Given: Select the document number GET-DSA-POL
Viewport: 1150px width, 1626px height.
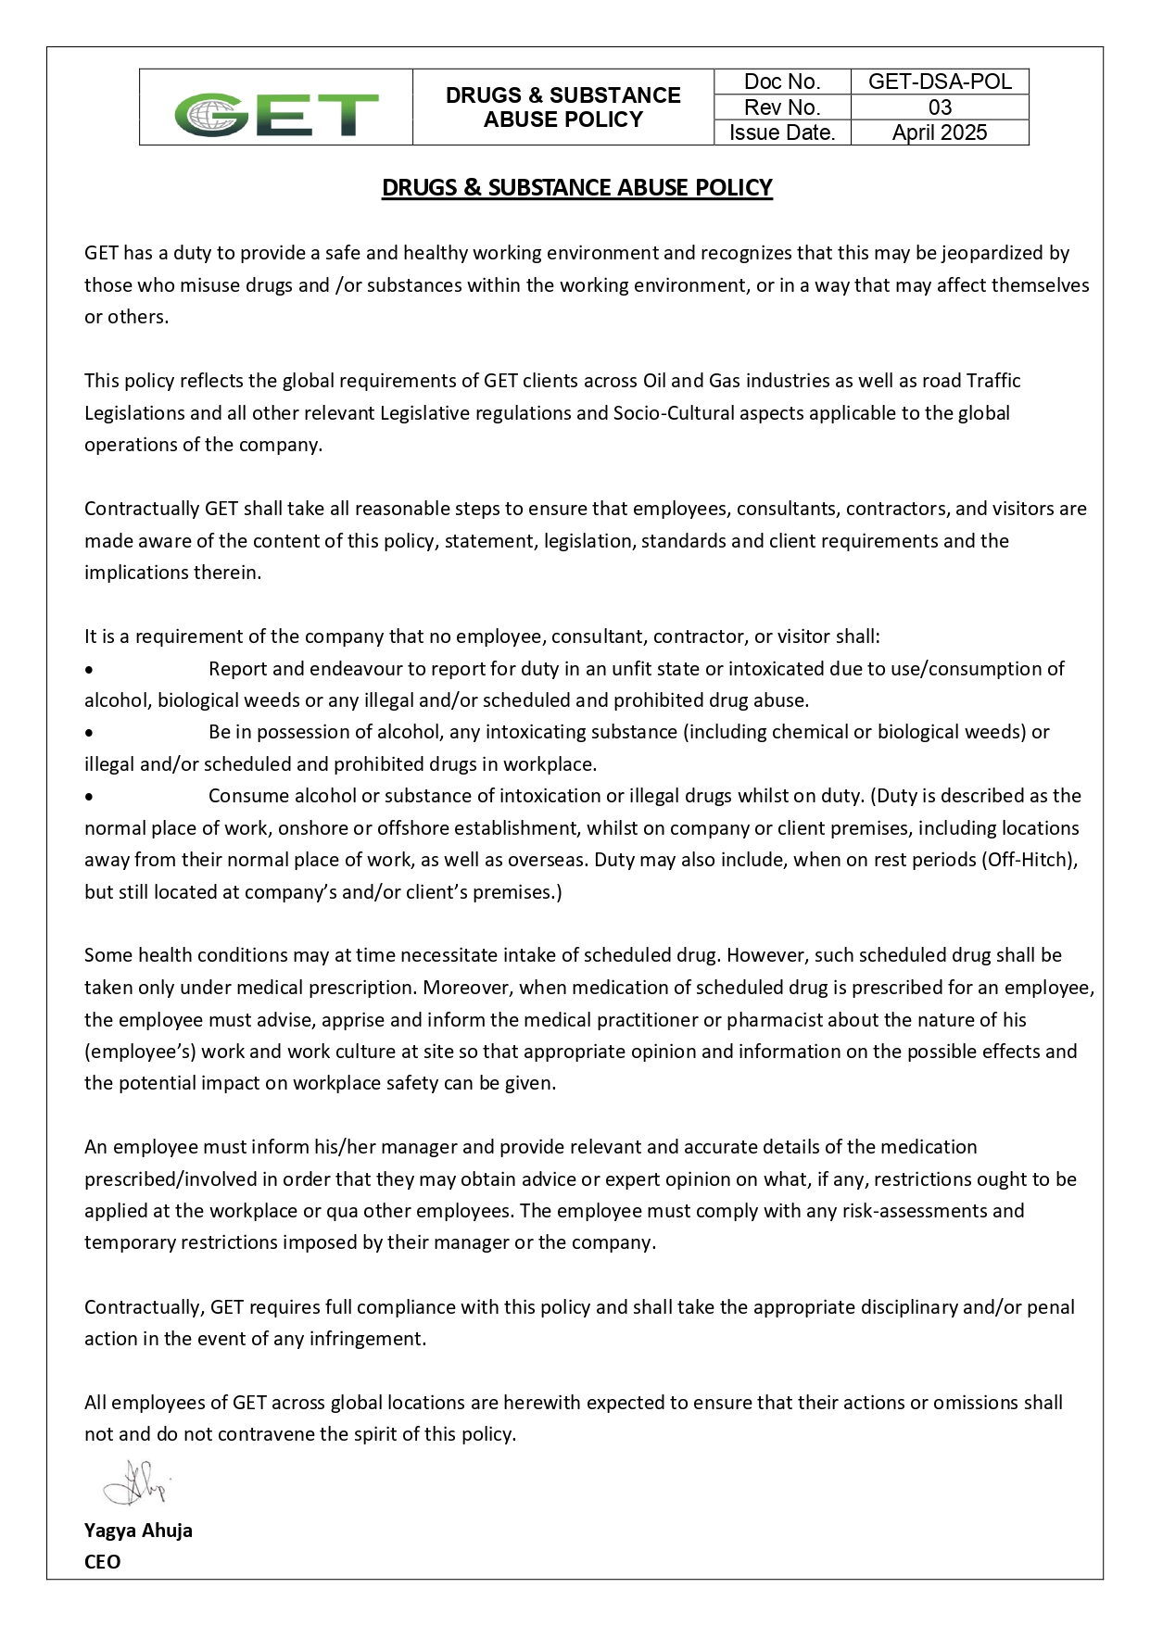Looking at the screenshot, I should coord(940,82).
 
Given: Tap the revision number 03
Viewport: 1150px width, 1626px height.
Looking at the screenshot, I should coord(940,107).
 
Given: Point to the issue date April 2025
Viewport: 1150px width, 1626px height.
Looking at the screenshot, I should coord(940,132).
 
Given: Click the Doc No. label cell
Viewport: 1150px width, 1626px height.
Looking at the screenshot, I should coord(782,82).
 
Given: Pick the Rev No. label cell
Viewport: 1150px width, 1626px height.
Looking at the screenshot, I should coord(782,107).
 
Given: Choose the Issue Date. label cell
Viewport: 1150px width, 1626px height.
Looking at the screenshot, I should coord(782,132).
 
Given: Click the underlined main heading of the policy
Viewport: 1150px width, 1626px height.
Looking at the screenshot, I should coord(576,187).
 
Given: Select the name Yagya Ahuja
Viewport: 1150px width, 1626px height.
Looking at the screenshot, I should coord(138,1530).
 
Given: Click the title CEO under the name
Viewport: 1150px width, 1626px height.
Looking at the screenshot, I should coord(102,1561).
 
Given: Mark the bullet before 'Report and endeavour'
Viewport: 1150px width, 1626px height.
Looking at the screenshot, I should coord(88,669).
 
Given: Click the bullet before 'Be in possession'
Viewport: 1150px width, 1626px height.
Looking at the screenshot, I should coord(88,733).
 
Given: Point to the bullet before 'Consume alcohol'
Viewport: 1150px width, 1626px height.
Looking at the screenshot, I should coord(88,797).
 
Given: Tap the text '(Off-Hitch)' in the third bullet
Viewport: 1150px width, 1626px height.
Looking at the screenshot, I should coord(1030,860).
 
